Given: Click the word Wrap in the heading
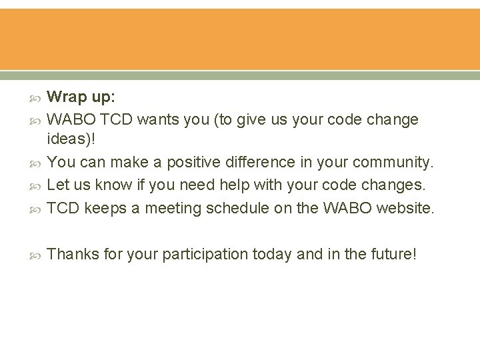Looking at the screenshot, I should tap(67, 97).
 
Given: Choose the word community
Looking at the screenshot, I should tap(387, 162).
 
